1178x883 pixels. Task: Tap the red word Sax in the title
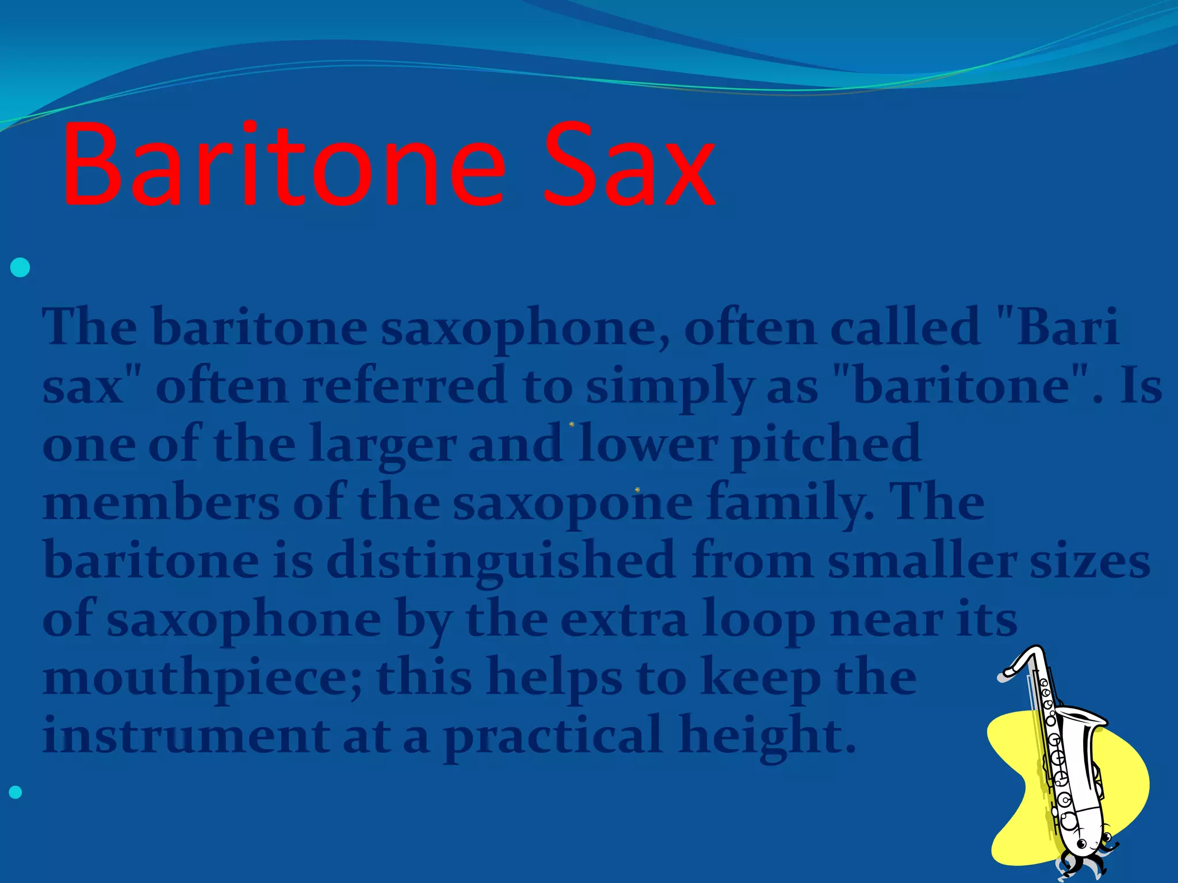(629, 166)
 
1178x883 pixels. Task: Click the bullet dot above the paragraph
(20, 268)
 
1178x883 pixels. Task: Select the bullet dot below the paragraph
(16, 793)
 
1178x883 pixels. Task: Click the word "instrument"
(186, 736)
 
